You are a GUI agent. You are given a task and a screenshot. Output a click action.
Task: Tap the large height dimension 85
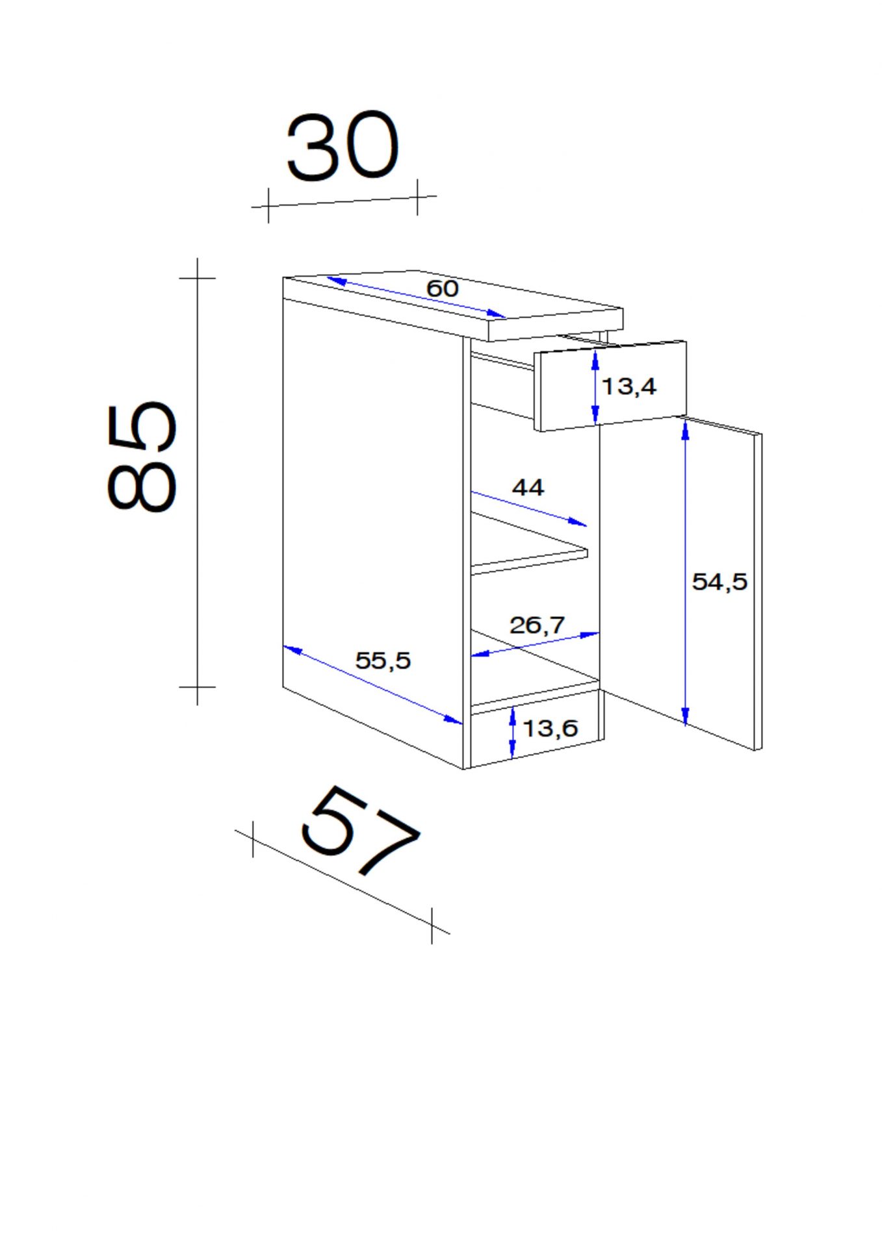[141, 456]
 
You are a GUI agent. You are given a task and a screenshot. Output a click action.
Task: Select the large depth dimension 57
[359, 831]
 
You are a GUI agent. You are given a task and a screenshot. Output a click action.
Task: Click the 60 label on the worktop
[443, 288]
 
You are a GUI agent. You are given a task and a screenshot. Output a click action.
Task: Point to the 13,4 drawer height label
[629, 386]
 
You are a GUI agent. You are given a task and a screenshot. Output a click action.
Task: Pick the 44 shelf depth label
[528, 487]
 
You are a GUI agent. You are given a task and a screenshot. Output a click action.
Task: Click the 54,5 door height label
[720, 581]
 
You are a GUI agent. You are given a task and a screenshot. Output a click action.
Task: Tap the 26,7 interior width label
[537, 625]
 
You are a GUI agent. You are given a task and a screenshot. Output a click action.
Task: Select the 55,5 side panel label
[383, 661]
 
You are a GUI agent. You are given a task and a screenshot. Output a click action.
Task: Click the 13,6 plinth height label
[550, 728]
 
